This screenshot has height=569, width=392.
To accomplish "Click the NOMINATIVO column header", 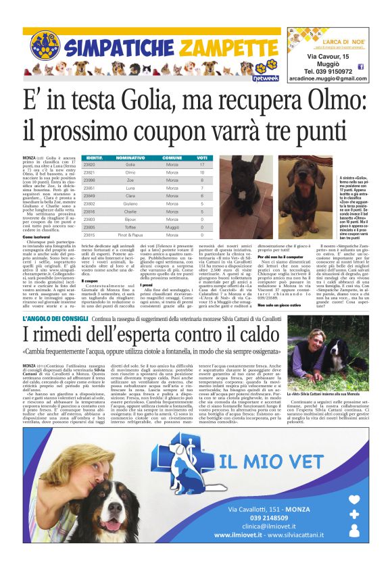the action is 130,158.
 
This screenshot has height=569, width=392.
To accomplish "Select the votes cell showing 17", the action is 201,164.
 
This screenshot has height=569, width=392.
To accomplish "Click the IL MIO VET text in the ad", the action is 284,462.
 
